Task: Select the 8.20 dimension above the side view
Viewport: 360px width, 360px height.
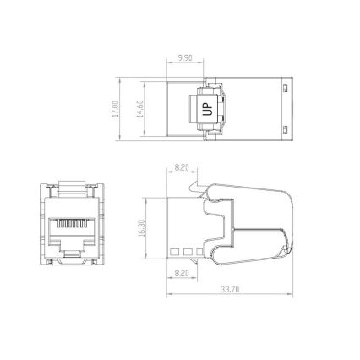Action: [180, 168]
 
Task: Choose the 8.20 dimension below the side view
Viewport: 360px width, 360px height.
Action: [180, 273]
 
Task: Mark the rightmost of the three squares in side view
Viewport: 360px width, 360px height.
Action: [199, 251]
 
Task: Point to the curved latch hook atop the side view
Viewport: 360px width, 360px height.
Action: [197, 181]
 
